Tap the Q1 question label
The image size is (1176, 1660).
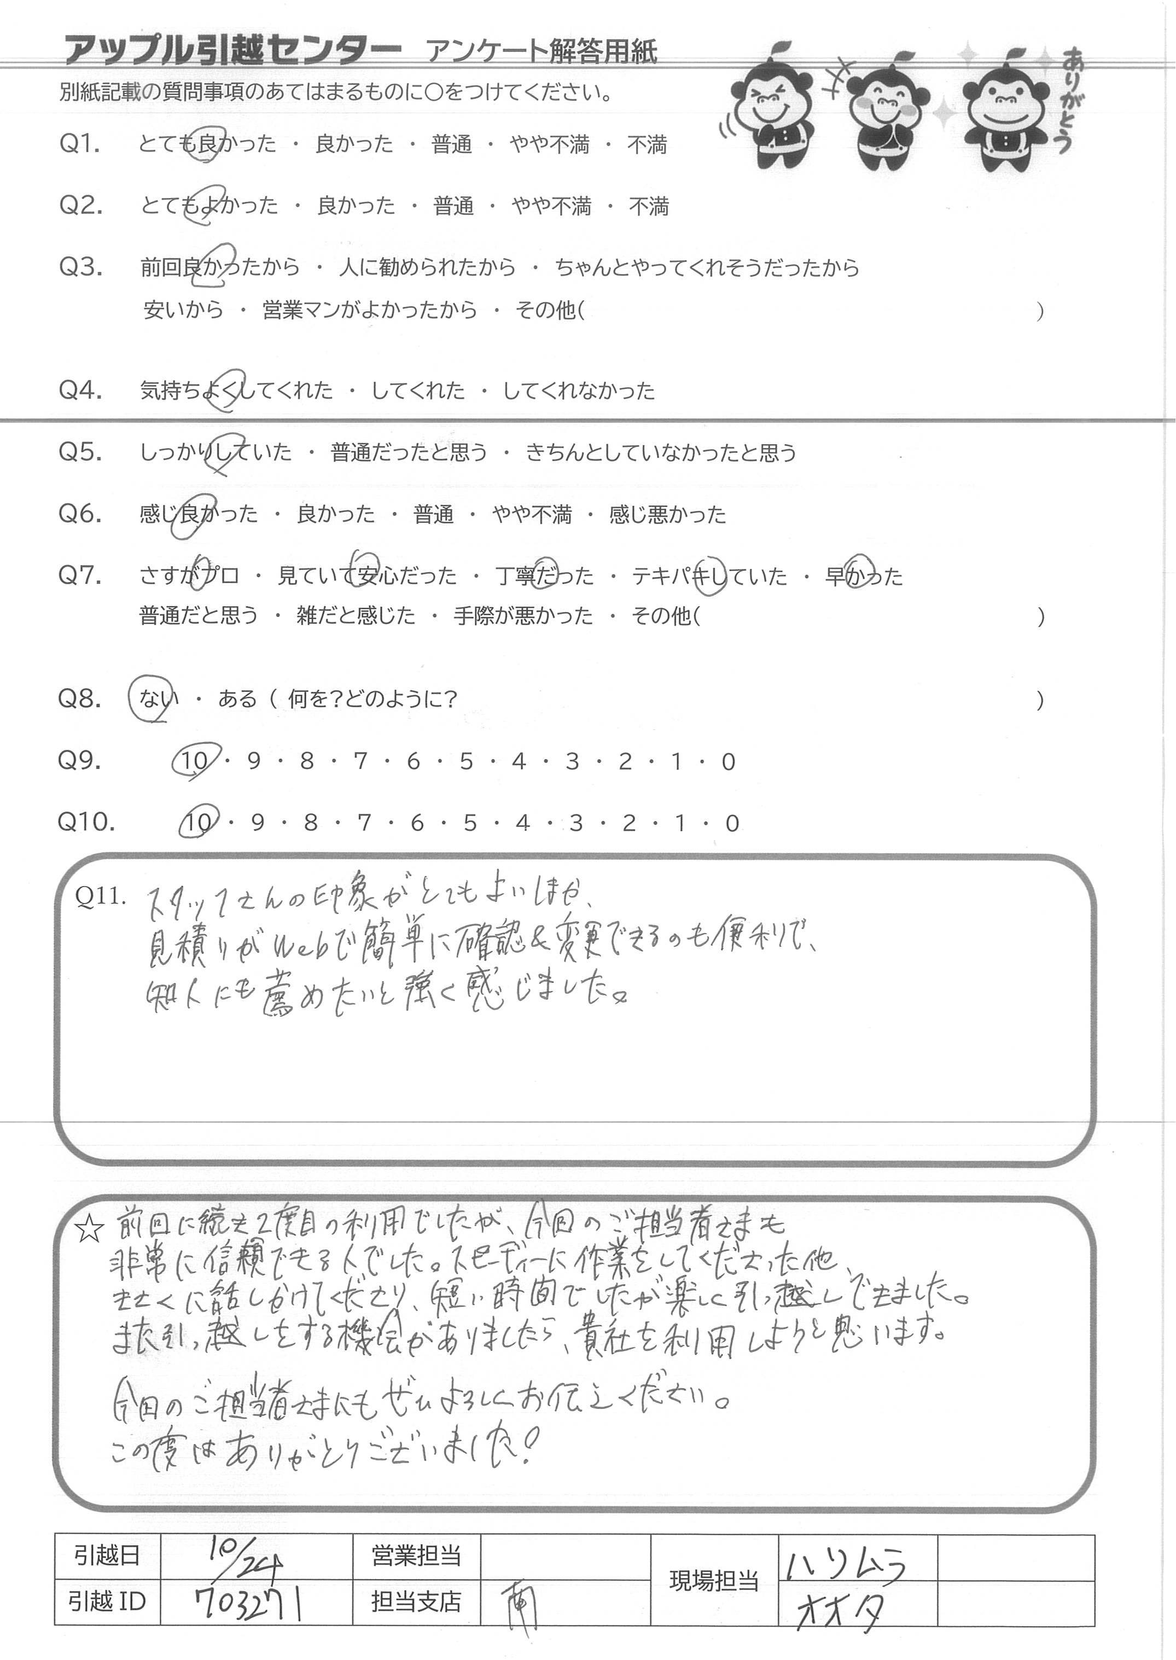(x=80, y=144)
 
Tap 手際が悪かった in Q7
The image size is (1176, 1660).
(x=523, y=616)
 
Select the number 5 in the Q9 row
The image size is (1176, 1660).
(x=465, y=761)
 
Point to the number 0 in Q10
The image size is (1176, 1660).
(x=732, y=824)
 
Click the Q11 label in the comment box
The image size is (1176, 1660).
(x=100, y=896)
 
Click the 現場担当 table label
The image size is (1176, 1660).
(x=713, y=1582)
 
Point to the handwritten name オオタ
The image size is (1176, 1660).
(x=840, y=1609)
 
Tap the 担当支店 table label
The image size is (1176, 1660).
(x=416, y=1602)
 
